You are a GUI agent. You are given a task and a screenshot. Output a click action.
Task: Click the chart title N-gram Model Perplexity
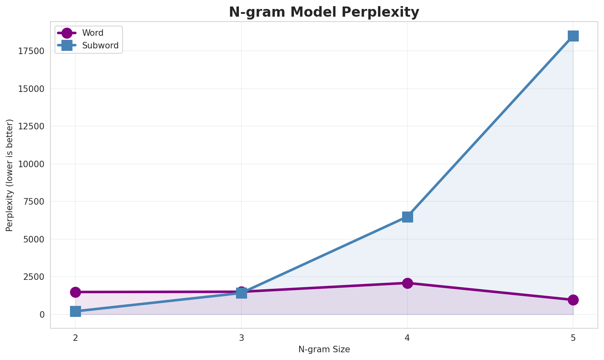tap(324, 12)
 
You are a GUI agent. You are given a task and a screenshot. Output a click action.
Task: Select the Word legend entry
tap(92, 33)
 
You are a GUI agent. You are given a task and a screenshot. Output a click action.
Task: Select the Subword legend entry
tap(100, 46)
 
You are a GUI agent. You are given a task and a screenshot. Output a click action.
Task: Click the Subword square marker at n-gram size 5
tap(573, 36)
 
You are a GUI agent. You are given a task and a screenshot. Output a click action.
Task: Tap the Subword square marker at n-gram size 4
tap(407, 217)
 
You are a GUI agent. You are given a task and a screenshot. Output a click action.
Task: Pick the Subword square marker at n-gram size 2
tap(75, 312)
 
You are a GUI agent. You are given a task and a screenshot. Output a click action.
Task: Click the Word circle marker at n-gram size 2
tap(75, 292)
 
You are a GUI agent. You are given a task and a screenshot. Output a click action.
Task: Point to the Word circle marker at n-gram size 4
tap(407, 283)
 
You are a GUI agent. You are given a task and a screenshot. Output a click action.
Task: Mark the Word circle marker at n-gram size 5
tap(573, 300)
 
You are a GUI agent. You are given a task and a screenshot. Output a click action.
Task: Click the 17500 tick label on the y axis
tap(31, 51)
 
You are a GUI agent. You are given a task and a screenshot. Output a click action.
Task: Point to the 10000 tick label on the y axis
tap(31, 164)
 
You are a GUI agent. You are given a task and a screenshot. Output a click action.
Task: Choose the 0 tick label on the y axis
tap(42, 314)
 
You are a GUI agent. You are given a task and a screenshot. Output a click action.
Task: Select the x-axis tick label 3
tap(241, 338)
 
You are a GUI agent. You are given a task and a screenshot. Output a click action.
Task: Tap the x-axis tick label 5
tap(573, 338)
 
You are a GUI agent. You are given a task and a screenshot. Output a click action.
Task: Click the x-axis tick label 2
tap(75, 338)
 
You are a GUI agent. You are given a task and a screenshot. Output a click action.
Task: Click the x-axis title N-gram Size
tap(324, 349)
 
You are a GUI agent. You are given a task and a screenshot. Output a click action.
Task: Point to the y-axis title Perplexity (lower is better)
tap(10, 175)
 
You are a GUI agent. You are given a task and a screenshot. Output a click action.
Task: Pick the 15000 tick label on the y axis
tap(31, 89)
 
